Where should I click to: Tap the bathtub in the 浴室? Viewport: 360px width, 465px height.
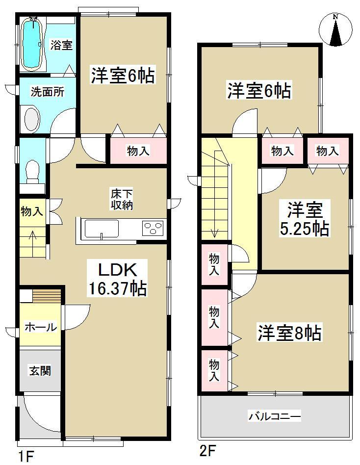point(34,43)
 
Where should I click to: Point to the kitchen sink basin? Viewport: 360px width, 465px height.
point(102,229)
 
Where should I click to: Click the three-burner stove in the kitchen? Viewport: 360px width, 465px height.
point(154,229)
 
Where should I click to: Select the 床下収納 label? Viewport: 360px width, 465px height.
point(121,199)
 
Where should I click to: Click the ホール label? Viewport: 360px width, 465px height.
point(41,327)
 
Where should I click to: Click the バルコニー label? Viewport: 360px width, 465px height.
point(274,416)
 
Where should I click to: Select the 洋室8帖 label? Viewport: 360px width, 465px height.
point(289,334)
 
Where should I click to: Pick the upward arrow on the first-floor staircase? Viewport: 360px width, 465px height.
point(33,238)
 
